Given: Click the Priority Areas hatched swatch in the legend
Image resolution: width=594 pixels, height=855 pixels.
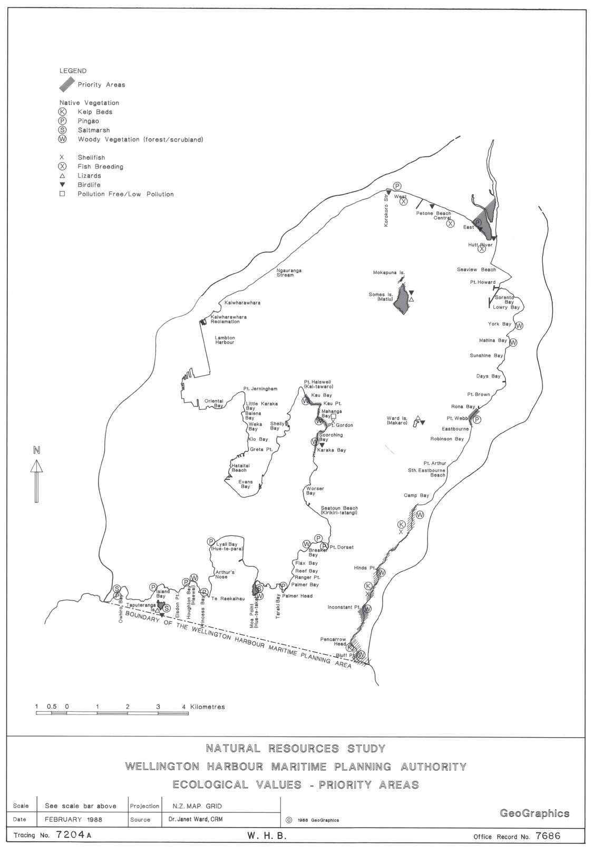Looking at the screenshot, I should pyautogui.click(x=66, y=83).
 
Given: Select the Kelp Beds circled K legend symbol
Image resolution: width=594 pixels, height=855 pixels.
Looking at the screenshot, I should pyautogui.click(x=63, y=112).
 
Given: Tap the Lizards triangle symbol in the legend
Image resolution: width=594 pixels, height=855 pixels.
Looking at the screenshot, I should pyautogui.click(x=62, y=176).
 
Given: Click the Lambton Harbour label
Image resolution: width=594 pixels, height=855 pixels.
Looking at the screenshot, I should pyautogui.click(x=225, y=340).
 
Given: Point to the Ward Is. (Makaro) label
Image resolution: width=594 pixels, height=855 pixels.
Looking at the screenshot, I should pyautogui.click(x=397, y=421).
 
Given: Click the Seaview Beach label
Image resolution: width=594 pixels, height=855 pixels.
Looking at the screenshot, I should pyautogui.click(x=476, y=270).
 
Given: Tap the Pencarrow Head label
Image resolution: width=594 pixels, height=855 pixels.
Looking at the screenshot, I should pyautogui.click(x=333, y=641).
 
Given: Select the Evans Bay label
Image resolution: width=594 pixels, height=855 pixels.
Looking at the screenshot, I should pyautogui.click(x=245, y=484).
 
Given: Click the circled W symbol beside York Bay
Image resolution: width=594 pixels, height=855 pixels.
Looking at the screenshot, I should pyautogui.click(x=520, y=325).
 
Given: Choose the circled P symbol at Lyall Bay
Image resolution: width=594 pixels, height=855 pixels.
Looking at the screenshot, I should pyautogui.click(x=211, y=542).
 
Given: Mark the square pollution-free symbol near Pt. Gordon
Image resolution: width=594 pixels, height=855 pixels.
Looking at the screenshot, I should pyautogui.click(x=333, y=416).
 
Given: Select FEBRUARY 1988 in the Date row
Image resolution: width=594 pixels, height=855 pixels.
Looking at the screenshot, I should pyautogui.click(x=73, y=819).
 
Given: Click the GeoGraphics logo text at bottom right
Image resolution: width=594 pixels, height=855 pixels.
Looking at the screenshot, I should pyautogui.click(x=534, y=813).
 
